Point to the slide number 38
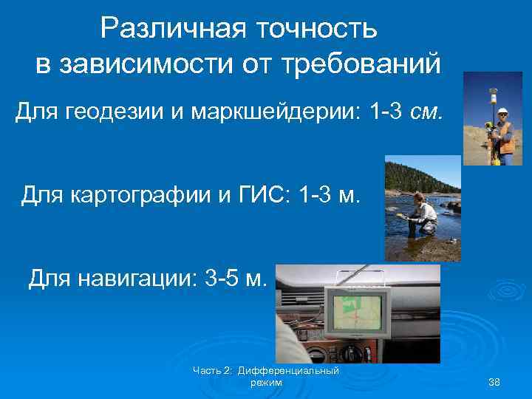tap(494, 381)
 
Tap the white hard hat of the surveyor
tap(503, 111)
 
